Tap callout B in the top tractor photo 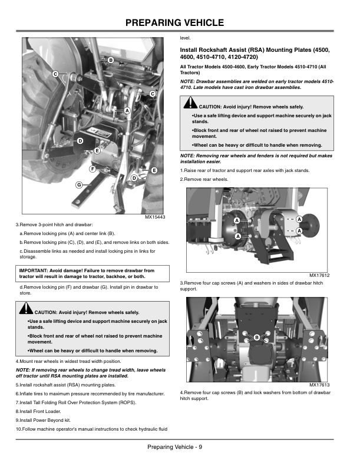click(110, 61)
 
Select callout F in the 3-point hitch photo click(92, 170)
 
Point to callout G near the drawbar click(78, 186)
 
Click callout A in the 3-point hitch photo click(127, 110)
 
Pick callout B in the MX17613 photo click(257, 336)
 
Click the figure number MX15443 click(154, 217)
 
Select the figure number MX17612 click(319, 275)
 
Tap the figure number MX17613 click(319, 385)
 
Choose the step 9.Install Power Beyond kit click(47, 419)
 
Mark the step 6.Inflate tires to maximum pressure click(89, 393)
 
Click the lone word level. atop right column click(185, 38)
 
